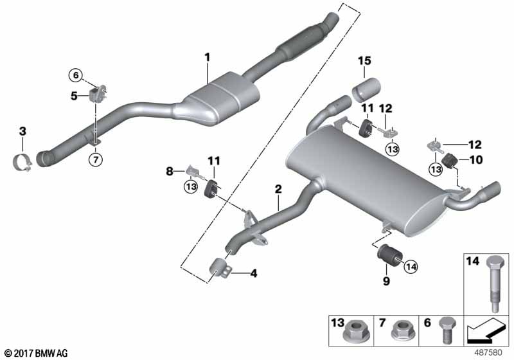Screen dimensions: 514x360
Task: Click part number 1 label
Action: [x=208, y=58]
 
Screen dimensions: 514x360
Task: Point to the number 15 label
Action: [x=365, y=61]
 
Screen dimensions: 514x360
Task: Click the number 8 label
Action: [x=170, y=172]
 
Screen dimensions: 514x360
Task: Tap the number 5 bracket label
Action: [x=75, y=96]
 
